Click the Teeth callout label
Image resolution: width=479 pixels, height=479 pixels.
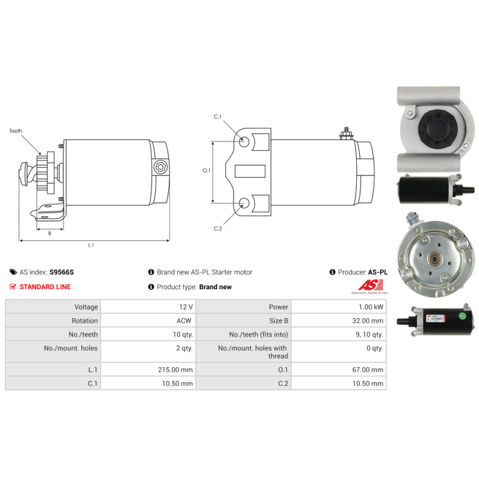click(15, 131)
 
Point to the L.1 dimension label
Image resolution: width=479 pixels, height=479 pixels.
click(91, 245)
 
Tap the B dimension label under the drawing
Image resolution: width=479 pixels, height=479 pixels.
click(50, 234)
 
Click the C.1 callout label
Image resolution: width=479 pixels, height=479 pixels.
click(218, 117)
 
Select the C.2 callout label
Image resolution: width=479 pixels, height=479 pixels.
click(218, 229)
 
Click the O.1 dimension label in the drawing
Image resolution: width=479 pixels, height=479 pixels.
click(207, 171)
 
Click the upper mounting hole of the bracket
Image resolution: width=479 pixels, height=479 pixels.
click(244, 142)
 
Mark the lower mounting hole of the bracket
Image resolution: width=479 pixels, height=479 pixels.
click(244, 203)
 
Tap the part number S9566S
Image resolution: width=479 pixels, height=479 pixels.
click(62, 272)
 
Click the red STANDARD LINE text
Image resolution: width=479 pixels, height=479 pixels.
click(45, 287)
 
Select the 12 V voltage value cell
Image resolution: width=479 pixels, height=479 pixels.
click(186, 307)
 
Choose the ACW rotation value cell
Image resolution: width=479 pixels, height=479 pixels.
click(184, 320)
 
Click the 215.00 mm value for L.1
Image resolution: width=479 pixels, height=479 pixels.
click(178, 370)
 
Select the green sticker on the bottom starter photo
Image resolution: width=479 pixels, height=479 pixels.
click(462, 316)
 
